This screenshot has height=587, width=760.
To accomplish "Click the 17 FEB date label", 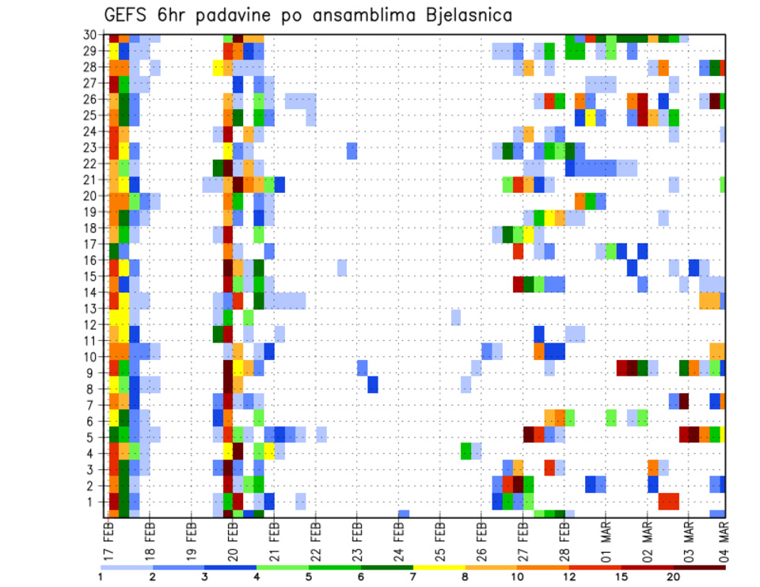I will pos(108,540).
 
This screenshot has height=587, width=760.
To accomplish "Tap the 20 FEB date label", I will pos(233,540).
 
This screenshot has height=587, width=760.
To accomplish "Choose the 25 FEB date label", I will pos(440,540).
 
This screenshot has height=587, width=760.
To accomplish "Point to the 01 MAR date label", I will pos(606,540).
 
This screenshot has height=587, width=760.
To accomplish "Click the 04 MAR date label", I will pos(723,540).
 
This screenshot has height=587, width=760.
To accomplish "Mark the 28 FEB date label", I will pos(564,540).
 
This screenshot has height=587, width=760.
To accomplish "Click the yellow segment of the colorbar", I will pos(439,567).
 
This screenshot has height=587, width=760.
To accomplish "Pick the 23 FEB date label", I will pos(357,540).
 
